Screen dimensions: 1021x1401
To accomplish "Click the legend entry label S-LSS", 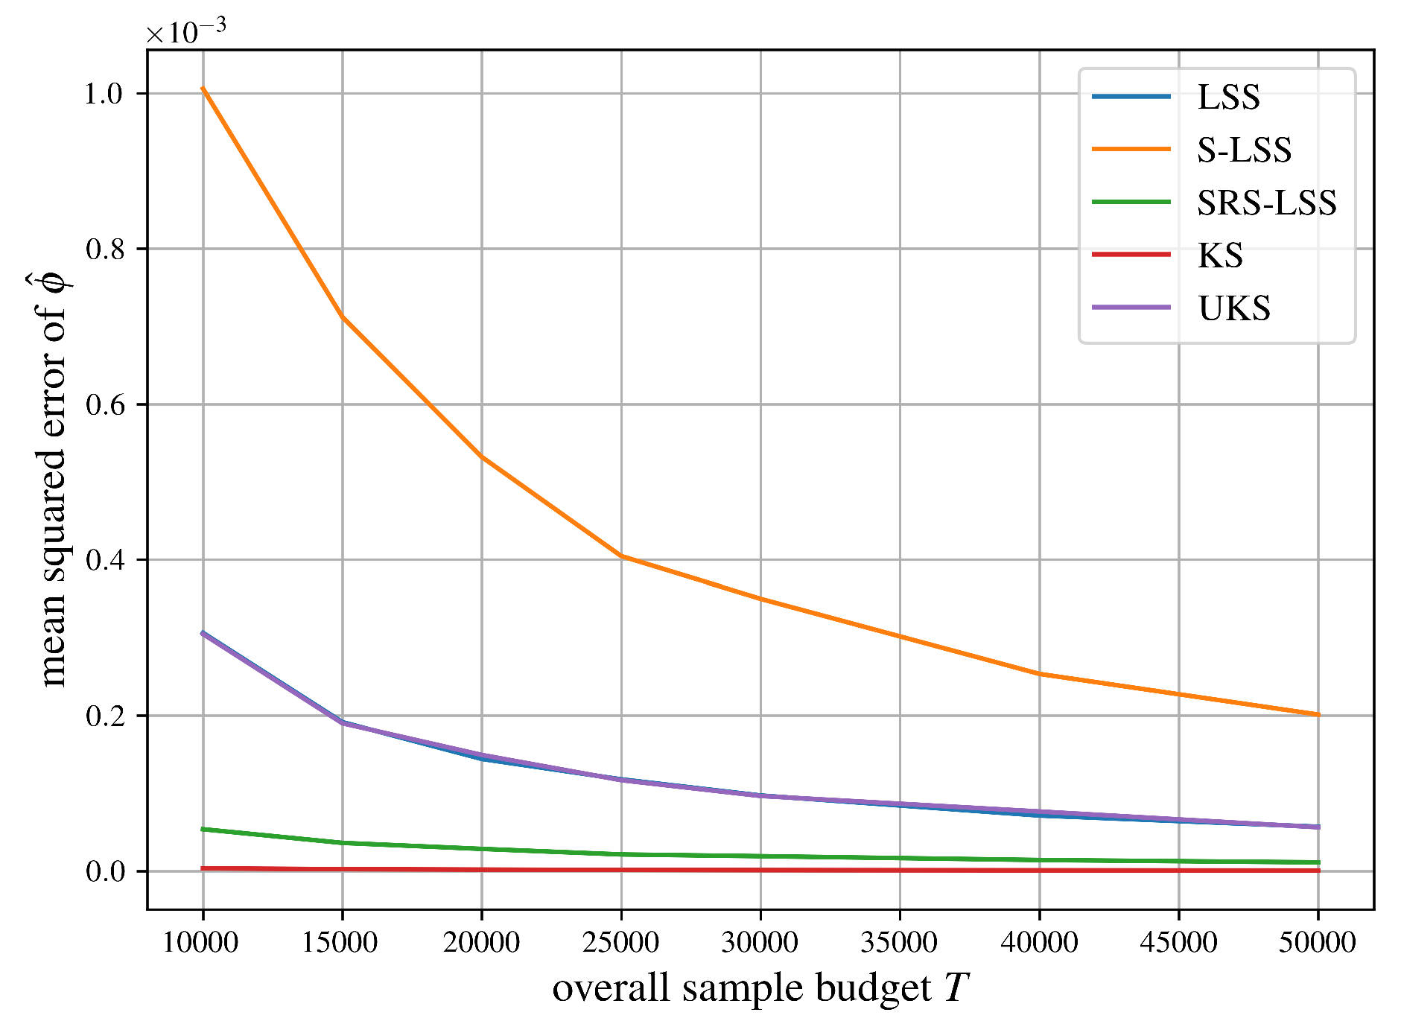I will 1243,150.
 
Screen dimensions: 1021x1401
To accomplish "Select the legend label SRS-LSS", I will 1266,203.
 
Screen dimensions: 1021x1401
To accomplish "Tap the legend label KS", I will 1220,255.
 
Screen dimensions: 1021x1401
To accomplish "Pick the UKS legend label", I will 1233,308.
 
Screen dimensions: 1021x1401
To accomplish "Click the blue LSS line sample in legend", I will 1131,97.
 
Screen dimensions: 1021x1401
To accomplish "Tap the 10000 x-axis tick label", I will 200,943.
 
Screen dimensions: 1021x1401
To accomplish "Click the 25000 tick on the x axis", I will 620,943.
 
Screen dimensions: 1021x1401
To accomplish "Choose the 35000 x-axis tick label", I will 899,943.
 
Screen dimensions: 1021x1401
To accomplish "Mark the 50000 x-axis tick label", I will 1317,943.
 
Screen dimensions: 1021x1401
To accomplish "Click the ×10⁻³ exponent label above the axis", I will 185,31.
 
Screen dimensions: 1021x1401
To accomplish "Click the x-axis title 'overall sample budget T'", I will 760,988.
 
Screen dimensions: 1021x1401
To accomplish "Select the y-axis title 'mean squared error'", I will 54,480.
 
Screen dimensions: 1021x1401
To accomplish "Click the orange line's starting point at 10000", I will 203,88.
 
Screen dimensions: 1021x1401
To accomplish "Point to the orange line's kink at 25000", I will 621,556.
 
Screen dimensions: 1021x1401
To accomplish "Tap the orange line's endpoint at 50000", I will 1318,715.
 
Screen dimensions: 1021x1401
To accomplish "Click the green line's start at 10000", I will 203,829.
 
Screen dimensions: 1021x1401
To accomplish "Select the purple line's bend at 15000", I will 343,722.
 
